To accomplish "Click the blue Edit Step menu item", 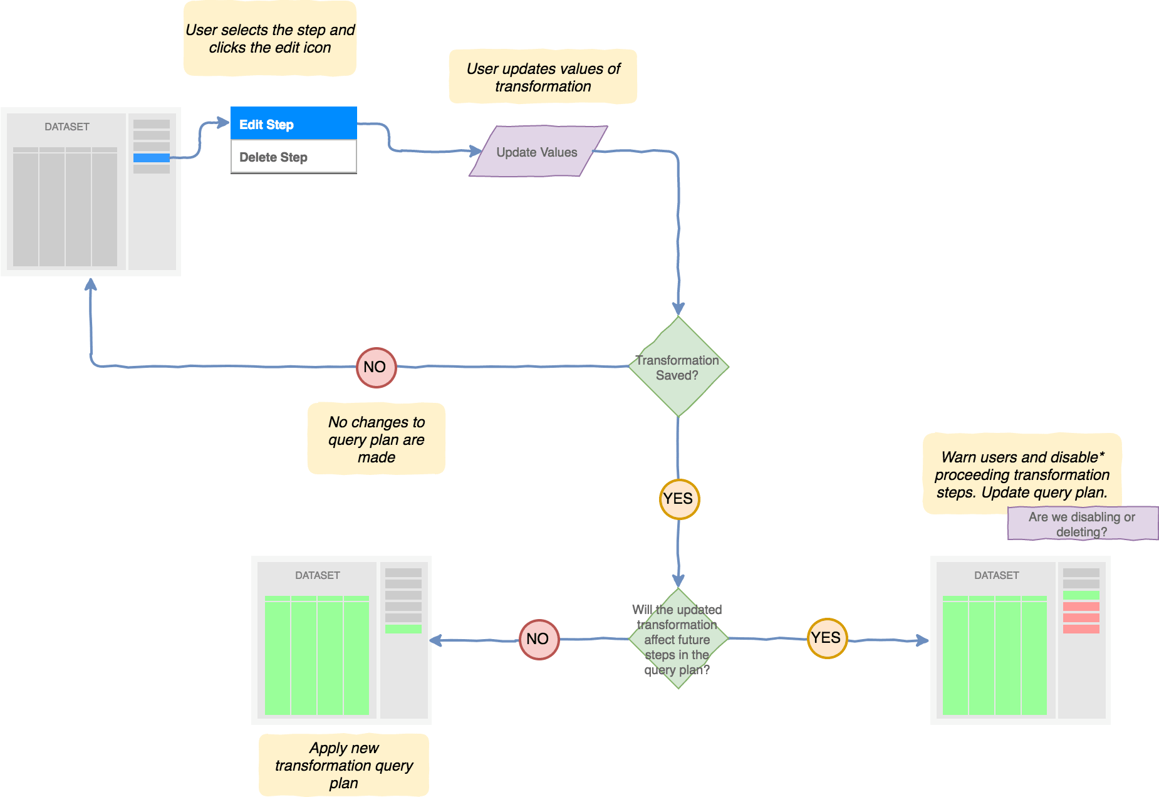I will (x=293, y=123).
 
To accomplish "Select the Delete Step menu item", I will (x=293, y=157).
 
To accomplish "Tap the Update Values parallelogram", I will (x=538, y=152).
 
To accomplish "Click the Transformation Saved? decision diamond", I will (x=678, y=367).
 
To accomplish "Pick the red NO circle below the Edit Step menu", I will (x=376, y=367).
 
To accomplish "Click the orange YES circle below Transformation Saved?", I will (x=679, y=499).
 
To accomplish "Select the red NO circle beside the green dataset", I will (x=539, y=639).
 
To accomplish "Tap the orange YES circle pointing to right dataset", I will (x=827, y=638).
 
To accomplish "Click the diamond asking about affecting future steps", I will (x=678, y=639).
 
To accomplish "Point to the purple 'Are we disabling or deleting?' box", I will (x=1082, y=524).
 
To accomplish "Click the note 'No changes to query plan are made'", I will (x=377, y=439).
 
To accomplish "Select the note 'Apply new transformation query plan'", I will (x=344, y=765).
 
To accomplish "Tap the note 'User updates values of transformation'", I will (x=543, y=77).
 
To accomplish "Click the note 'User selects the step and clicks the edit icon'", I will (x=270, y=39).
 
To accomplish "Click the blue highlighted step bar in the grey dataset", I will (x=152, y=158).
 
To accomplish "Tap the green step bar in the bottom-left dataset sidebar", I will (x=403, y=629).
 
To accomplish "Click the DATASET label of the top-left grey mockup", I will (x=67, y=127).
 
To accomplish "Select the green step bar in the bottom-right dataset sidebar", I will (x=1081, y=595).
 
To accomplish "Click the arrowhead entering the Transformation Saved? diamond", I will (x=678, y=309).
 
